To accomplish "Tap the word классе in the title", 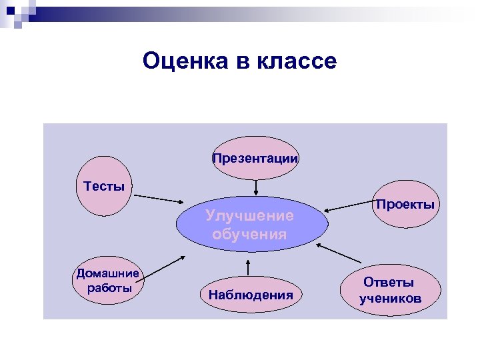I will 295,62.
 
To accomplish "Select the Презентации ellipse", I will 255,159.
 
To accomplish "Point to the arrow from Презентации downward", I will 255,187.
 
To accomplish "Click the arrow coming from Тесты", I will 160,199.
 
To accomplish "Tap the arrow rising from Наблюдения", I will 248,266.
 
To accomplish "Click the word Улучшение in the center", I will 250,215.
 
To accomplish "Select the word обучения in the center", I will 250,234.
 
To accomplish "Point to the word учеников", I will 390,299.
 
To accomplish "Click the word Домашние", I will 108,273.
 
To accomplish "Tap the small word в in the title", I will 239,62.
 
